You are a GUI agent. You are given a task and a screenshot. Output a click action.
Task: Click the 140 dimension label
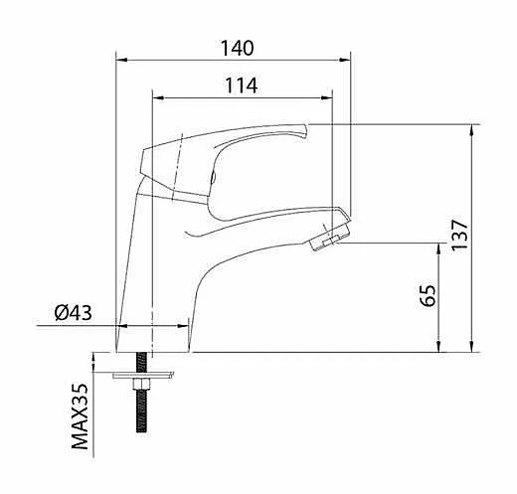tap(238, 49)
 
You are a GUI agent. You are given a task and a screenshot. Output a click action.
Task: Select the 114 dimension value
tap(242, 85)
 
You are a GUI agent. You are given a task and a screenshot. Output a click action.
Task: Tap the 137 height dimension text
tap(459, 235)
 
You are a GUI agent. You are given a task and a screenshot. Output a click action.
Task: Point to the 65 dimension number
tap(428, 295)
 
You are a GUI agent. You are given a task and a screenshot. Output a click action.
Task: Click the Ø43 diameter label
tap(74, 312)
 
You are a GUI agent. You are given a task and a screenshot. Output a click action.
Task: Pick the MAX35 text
tap(81, 416)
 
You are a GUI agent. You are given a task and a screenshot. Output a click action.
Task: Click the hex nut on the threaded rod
tap(141, 384)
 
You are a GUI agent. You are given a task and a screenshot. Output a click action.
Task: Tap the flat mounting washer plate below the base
tap(143, 375)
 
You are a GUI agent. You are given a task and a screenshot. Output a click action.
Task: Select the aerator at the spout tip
tap(329, 236)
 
